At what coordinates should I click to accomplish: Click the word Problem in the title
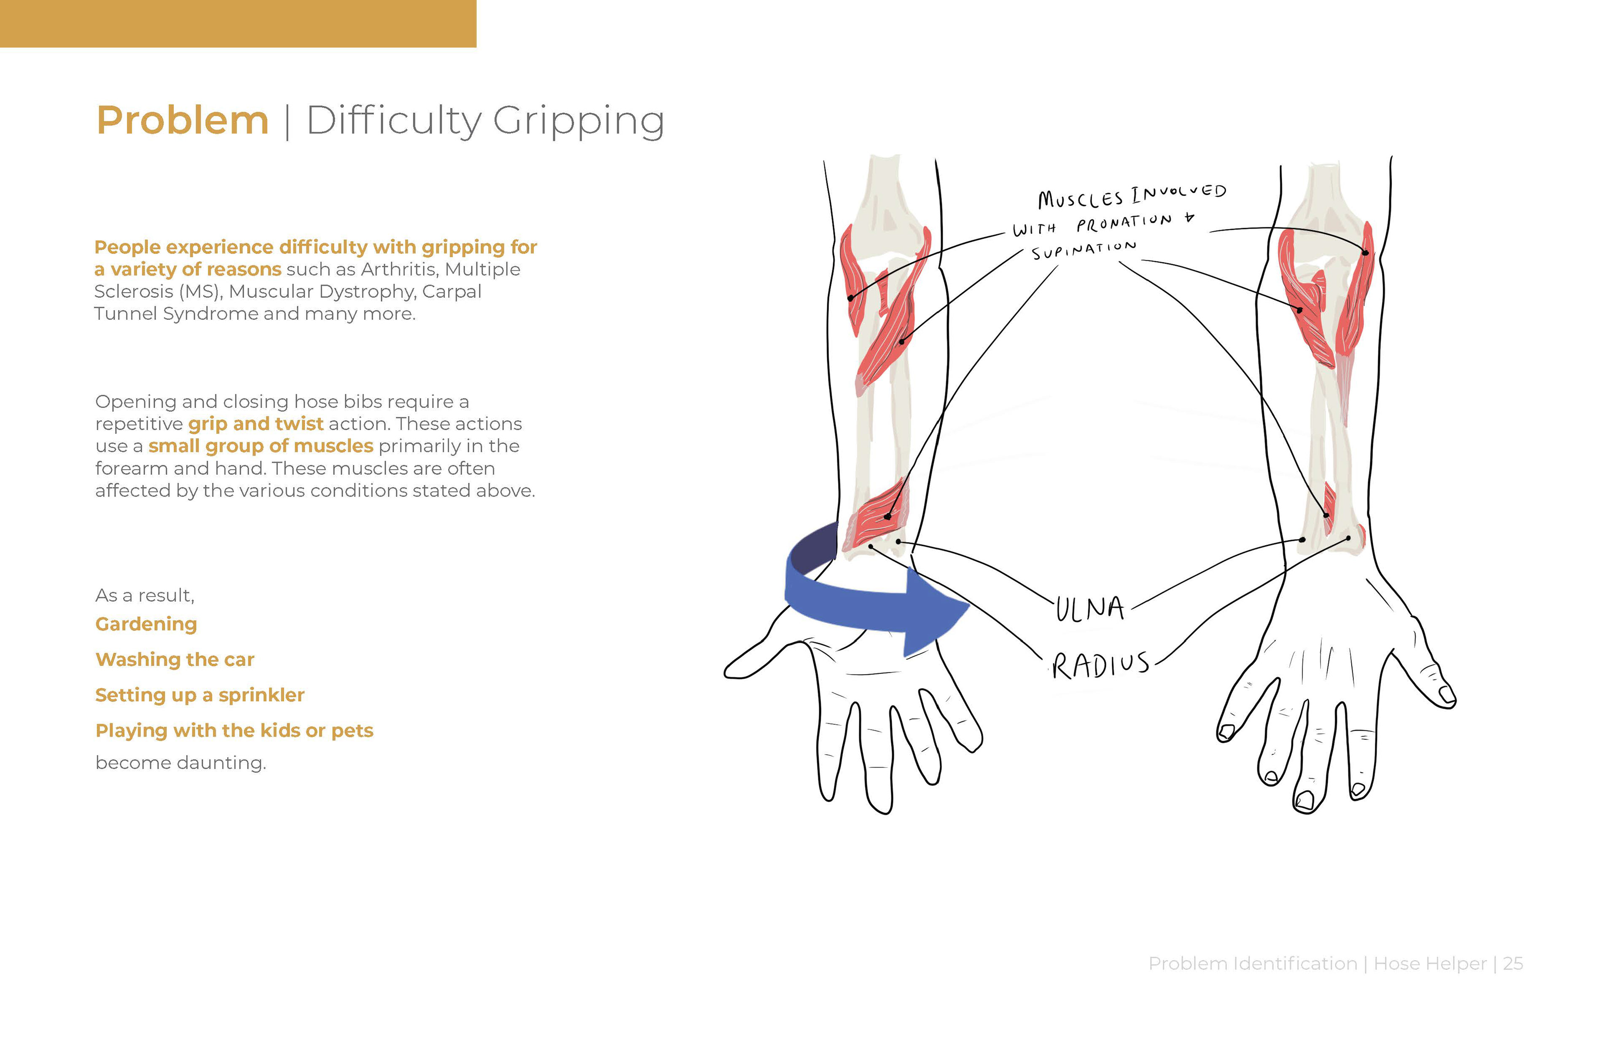click(182, 120)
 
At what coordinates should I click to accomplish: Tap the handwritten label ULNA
click(1090, 608)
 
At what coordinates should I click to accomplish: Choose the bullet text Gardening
click(146, 624)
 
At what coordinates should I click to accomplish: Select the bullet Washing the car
click(175, 659)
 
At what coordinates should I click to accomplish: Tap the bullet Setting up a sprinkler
click(200, 695)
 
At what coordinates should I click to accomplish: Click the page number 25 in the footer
click(1513, 964)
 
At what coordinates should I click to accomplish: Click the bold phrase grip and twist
click(256, 423)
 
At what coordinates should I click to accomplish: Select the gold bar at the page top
click(238, 24)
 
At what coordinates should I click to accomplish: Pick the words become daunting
click(180, 763)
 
